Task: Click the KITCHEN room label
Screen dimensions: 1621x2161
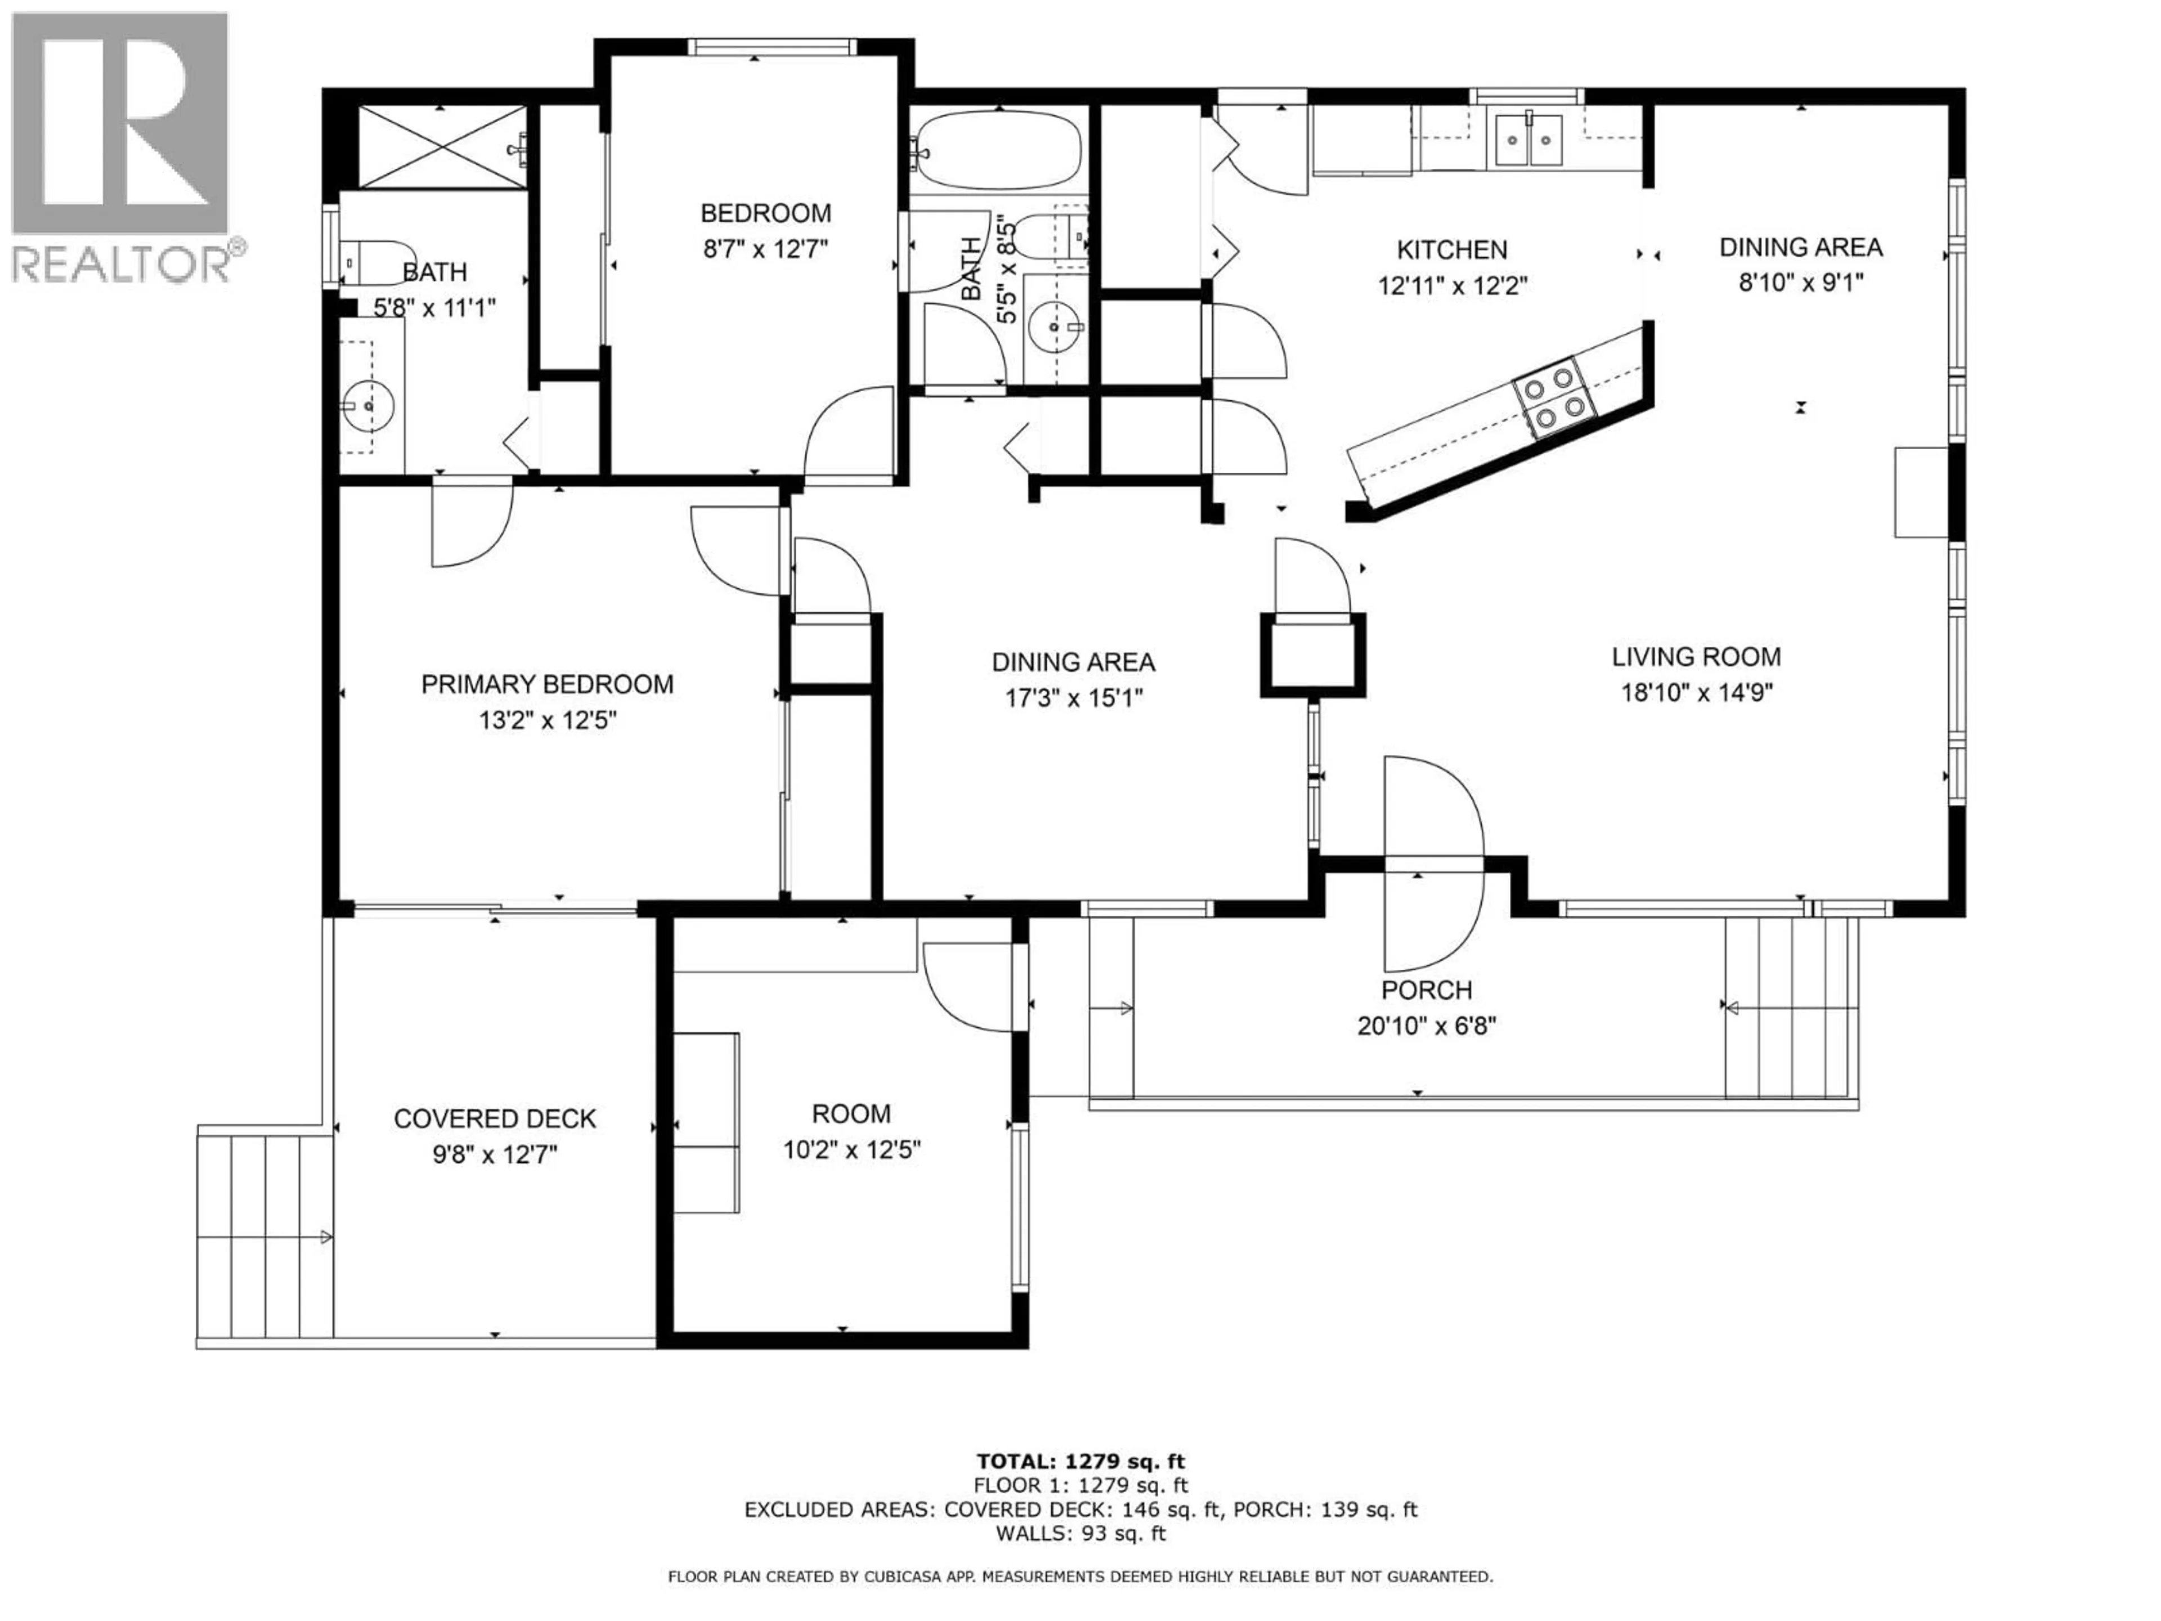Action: pos(1452,250)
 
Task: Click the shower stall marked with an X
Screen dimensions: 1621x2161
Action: pos(442,146)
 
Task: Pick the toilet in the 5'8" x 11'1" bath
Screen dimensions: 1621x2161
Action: pos(376,261)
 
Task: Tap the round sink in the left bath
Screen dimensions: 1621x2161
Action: pos(368,402)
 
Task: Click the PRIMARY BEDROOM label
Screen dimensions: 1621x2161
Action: pos(547,684)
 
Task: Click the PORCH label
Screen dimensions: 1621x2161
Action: pos(1427,990)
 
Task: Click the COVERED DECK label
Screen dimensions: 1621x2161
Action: pos(494,1119)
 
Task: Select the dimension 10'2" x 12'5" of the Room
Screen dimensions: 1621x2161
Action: pos(852,1150)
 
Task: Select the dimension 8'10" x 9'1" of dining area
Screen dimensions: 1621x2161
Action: pos(1800,283)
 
